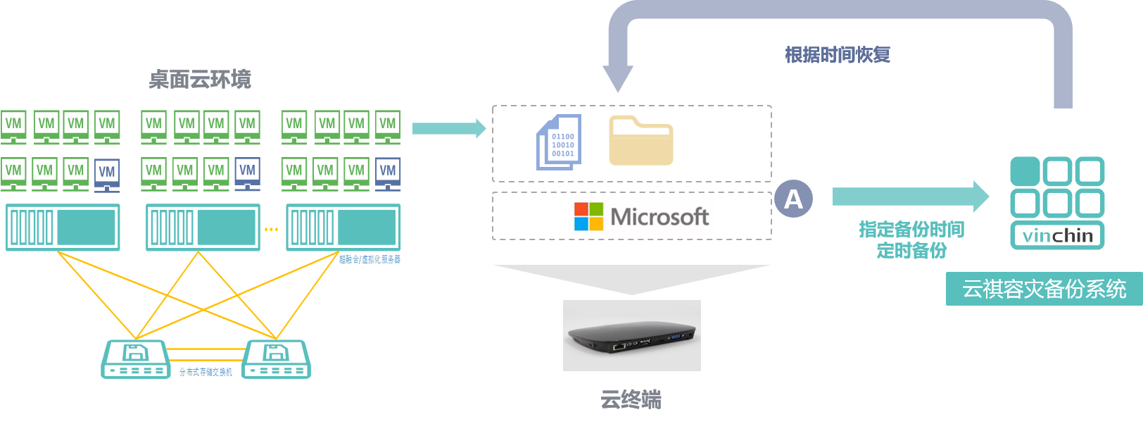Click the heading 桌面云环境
[x=200, y=79]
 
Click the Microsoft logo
[x=640, y=216]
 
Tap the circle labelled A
[x=793, y=199]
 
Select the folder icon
[x=640, y=141]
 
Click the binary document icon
[x=560, y=142]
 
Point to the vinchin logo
[x=1057, y=203]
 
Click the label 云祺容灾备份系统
[x=1044, y=289]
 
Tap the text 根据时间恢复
[x=838, y=55]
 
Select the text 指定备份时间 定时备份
[x=911, y=239]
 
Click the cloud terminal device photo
[x=631, y=335]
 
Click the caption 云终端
[x=631, y=400]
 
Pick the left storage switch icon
[x=136, y=359]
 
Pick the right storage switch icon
[x=276, y=359]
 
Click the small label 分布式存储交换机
[x=206, y=372]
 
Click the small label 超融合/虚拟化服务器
[x=370, y=259]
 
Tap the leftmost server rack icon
[x=63, y=227]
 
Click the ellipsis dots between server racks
[x=271, y=229]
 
